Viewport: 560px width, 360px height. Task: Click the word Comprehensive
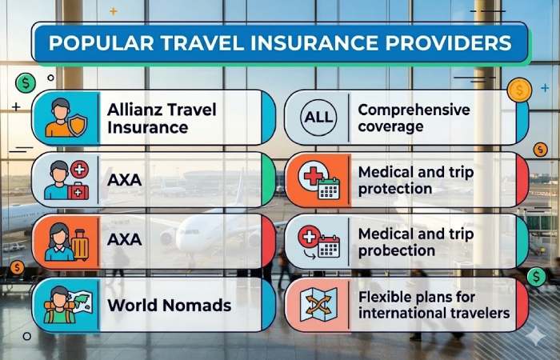click(x=414, y=110)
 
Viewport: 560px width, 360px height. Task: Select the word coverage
click(x=390, y=126)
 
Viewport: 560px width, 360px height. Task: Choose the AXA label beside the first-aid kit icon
click(x=124, y=180)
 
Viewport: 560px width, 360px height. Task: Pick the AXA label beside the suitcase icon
click(x=124, y=241)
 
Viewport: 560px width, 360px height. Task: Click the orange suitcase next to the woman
click(x=80, y=244)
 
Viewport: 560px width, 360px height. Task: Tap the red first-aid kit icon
click(x=78, y=192)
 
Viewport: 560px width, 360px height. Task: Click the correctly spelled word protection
click(x=395, y=189)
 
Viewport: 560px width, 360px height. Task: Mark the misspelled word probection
click(x=397, y=250)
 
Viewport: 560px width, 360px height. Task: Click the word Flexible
click(x=388, y=296)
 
